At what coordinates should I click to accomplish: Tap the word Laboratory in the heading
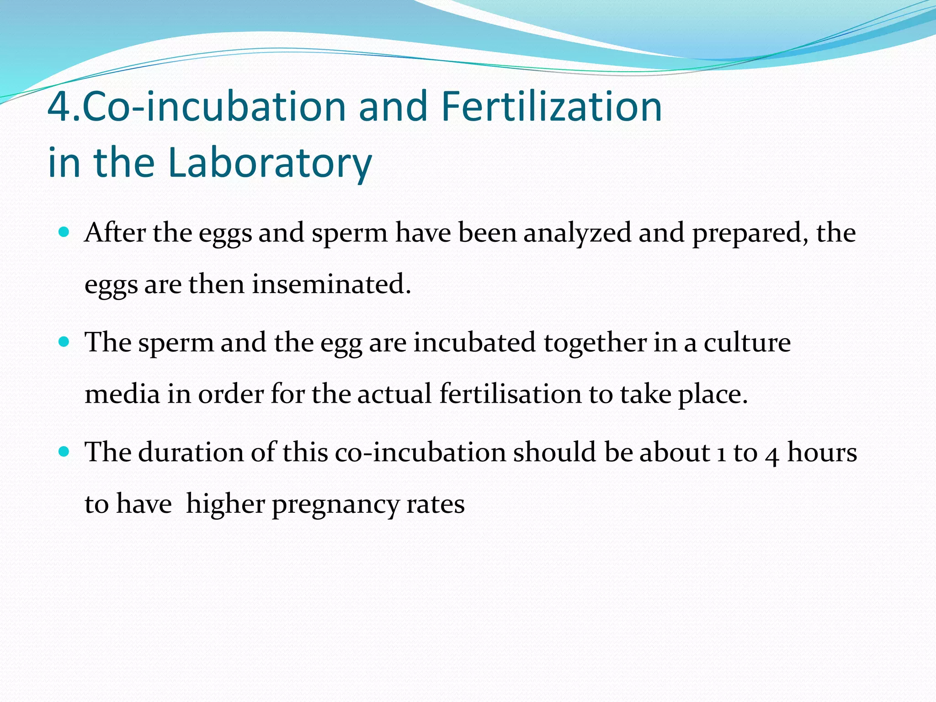270,162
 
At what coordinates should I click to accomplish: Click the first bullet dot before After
64,232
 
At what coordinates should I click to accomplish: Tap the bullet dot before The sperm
64,341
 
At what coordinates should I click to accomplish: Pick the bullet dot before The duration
64,452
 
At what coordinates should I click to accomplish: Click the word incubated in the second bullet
474,342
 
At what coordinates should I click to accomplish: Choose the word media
122,394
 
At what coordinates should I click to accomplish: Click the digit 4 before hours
772,454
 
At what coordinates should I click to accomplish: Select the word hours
822,452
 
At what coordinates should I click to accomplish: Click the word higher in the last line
225,504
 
